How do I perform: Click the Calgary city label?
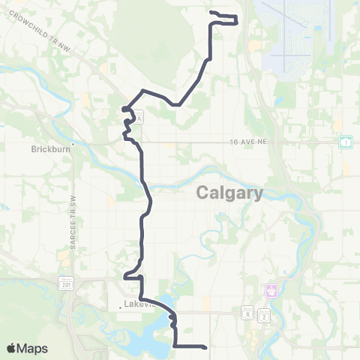[229, 193]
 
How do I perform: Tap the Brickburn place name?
[51, 148]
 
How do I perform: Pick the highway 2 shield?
[263, 316]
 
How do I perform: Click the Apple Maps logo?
[27, 348]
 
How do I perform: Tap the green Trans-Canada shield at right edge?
[346, 141]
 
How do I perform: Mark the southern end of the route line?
[205, 346]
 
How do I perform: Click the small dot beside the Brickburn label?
[73, 143]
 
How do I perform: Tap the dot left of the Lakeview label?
[120, 305]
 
